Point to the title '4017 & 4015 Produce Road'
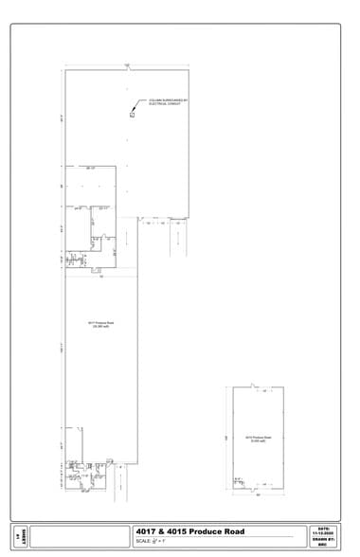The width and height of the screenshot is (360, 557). coord(189,531)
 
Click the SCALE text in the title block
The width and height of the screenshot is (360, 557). coord(152,543)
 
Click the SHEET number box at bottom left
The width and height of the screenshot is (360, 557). coord(19,536)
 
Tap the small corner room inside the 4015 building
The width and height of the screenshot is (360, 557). coord(239,482)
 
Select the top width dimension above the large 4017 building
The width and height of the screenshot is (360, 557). coord(126,64)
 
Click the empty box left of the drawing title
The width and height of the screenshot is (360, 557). coord(81,536)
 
